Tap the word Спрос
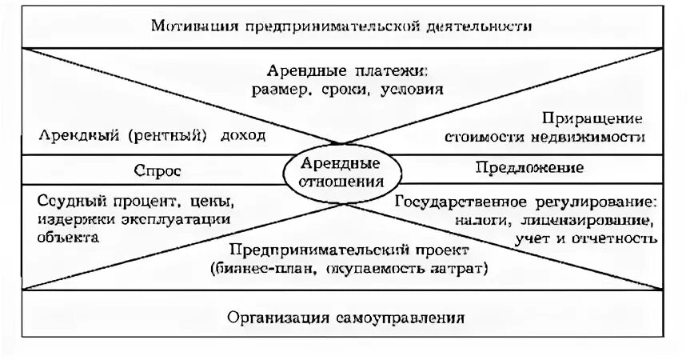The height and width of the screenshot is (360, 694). (163, 170)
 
